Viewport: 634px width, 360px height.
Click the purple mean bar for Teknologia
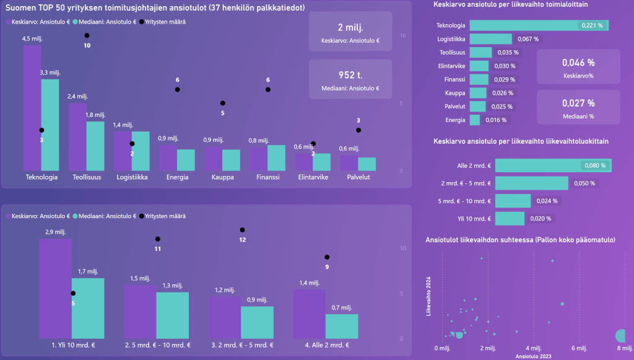click(32, 105)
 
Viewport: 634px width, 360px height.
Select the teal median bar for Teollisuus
click(95, 146)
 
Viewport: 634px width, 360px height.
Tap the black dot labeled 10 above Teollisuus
click(87, 36)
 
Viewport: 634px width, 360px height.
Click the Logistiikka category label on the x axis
click(132, 177)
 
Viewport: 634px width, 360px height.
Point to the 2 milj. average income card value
click(350, 29)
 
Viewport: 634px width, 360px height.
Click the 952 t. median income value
click(350, 76)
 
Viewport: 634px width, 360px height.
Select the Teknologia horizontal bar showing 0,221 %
click(539, 25)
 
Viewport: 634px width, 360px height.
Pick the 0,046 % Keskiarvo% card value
click(578, 63)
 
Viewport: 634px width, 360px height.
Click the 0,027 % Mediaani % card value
click(578, 103)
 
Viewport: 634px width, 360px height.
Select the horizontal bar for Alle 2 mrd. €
click(553, 165)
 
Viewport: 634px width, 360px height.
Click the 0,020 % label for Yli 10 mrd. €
click(540, 219)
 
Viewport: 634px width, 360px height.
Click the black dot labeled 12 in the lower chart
click(243, 230)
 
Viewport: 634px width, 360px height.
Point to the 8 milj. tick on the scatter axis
click(623, 348)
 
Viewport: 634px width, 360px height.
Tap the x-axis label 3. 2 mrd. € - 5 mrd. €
click(240, 345)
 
